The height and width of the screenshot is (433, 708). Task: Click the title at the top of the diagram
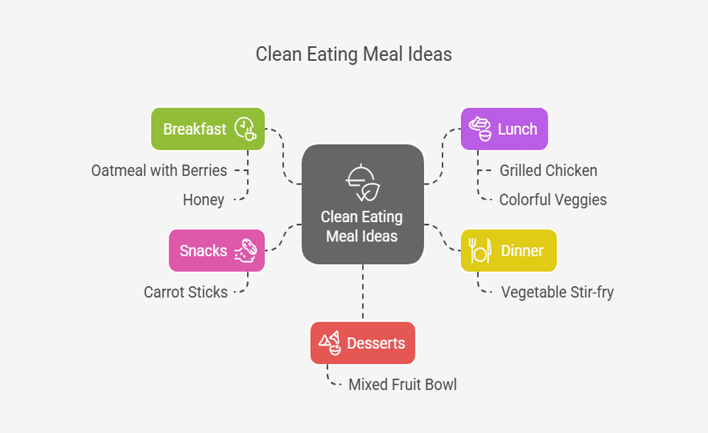pos(353,54)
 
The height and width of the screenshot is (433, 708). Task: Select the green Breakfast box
pos(208,129)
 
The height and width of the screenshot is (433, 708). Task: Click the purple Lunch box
pos(504,129)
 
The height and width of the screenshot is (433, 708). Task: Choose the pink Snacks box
pos(216,250)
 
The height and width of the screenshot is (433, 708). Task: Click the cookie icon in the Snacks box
pos(246,251)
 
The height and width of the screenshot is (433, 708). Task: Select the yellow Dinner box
pos(508,250)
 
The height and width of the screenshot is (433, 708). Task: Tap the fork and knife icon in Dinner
pos(479,250)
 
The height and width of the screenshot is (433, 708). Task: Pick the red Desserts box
pos(363,343)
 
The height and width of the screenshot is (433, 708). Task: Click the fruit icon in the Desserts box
pos(329,343)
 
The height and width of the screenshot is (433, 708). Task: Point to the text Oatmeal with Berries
pos(159,170)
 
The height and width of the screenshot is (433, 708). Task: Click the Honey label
pos(203,200)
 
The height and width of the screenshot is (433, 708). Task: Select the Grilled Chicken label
pos(548,170)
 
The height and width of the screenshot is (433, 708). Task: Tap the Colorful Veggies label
pos(553,200)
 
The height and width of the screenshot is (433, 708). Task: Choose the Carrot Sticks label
pos(186,292)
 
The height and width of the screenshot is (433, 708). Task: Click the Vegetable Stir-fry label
pos(557,292)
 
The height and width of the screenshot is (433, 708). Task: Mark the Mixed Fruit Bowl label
pos(403,384)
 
